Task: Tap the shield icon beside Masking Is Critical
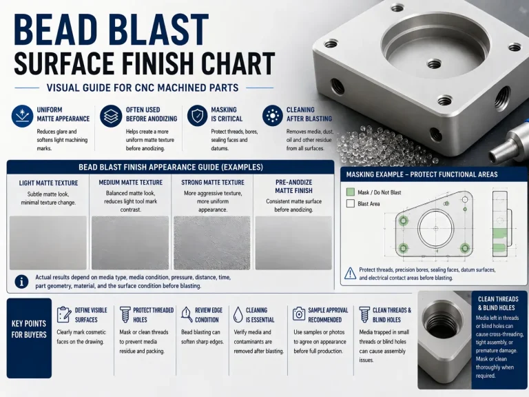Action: (197, 116)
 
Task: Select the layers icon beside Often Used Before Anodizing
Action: (111, 116)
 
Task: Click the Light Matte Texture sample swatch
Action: (48, 243)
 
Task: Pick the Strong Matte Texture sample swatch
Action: (212, 243)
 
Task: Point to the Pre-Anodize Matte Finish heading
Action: (293, 186)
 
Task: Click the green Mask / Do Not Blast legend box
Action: (351, 192)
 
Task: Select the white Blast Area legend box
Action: (351, 203)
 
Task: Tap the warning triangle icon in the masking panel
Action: (350, 274)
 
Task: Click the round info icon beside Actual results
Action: (21, 281)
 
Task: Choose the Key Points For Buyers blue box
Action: (29, 338)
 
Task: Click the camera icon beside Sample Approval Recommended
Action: (298, 314)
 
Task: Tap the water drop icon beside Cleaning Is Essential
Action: (238, 314)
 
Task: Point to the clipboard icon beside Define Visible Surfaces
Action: (63, 314)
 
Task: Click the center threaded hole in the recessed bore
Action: (434, 63)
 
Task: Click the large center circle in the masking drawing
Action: (435, 229)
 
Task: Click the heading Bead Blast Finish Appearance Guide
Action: (171, 167)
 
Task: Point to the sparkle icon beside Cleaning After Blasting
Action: (272, 116)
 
